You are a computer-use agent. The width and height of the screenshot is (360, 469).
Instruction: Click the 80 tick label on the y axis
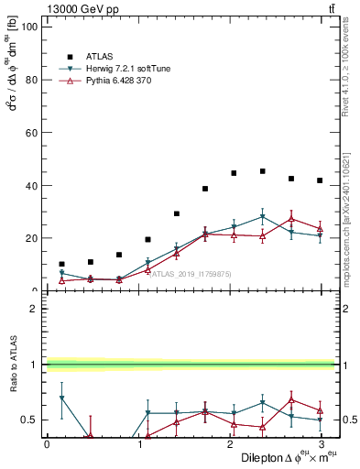[x=30, y=80]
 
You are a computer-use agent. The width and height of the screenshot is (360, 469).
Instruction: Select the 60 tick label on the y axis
[x=30, y=133]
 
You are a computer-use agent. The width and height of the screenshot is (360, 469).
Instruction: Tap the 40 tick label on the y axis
[x=30, y=185]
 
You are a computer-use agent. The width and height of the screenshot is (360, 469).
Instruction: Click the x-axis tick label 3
[x=320, y=443]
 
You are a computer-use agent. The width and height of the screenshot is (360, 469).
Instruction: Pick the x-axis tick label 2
[x=229, y=443]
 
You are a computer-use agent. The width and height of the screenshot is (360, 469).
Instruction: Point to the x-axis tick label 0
[x=47, y=443]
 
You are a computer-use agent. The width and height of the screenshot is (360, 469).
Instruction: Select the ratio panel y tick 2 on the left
[x=33, y=309]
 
